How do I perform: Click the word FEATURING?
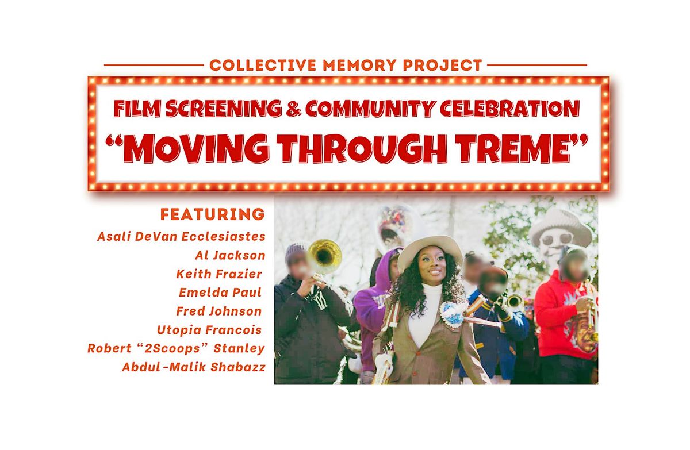213,214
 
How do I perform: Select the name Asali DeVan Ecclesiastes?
182,236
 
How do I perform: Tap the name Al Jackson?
230,255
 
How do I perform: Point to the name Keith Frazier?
219,274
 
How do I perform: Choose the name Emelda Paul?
220,293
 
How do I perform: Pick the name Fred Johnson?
219,311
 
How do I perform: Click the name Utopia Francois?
209,330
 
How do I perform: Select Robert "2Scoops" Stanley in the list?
176,348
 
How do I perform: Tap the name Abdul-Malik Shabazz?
194,367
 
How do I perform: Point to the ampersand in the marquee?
294,109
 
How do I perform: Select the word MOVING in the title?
197,148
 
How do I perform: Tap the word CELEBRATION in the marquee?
510,109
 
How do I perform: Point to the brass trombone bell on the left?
325,256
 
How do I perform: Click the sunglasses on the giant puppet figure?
557,239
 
